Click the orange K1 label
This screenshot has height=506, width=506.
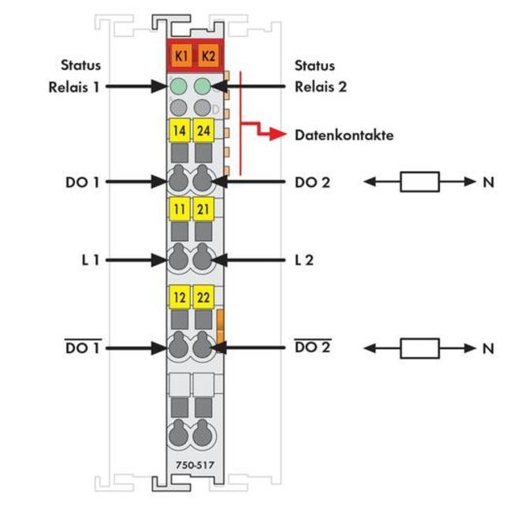(181, 56)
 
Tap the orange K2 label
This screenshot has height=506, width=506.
(208, 56)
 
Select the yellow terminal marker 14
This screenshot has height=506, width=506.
(180, 130)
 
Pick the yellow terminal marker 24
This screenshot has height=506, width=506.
(203, 130)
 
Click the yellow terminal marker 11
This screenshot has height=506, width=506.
(180, 209)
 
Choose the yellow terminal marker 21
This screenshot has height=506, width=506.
(203, 209)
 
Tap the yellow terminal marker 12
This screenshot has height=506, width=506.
(180, 297)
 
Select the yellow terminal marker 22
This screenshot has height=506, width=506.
(203, 297)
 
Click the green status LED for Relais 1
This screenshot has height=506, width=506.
(178, 86)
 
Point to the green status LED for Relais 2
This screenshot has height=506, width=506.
(203, 86)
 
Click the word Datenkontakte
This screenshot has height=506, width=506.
(344, 135)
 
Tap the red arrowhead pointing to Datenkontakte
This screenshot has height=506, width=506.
(277, 134)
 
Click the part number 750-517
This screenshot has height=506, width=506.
(195, 465)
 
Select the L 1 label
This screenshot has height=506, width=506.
(91, 260)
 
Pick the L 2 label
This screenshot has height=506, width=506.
(304, 260)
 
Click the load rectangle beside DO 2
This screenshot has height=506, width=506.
(419, 182)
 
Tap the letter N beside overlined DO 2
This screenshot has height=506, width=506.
(488, 348)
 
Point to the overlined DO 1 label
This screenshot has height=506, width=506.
(83, 348)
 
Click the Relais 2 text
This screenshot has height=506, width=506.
(321, 87)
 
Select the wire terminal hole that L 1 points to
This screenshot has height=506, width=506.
(178, 259)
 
